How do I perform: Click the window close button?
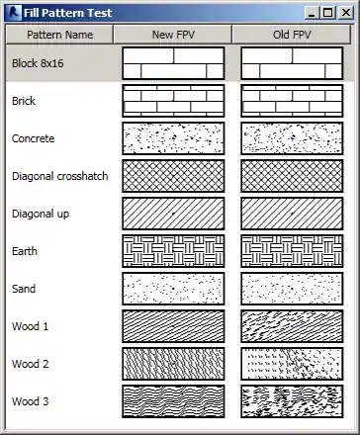point(346,13)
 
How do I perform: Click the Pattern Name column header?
point(59,35)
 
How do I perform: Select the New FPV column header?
point(173,35)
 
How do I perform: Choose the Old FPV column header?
point(292,35)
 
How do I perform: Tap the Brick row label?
point(23,101)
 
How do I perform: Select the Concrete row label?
point(33,138)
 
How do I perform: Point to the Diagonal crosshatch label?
point(60,176)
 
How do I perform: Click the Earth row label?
point(25,251)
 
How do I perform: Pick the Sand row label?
point(24,289)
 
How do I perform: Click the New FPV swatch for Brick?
point(173,101)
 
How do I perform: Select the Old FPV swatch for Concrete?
point(292,138)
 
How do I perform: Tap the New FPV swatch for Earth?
point(173,251)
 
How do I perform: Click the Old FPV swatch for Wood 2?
point(292,364)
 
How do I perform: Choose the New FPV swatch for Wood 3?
point(173,401)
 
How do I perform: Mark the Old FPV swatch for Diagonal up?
point(292,214)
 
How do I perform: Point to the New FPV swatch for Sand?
point(173,289)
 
